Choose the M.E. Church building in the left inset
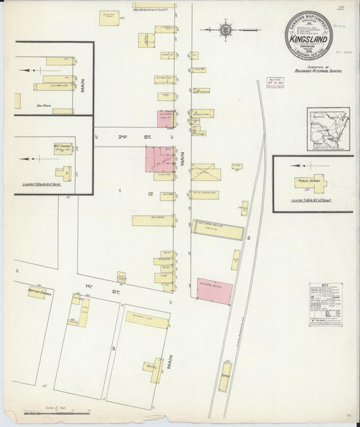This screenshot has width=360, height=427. (63, 148)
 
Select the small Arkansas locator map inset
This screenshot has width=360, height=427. (328, 130)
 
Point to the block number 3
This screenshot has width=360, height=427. (114, 347)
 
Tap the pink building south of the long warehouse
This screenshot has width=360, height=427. (215, 291)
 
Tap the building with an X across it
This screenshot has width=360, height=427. (205, 173)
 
